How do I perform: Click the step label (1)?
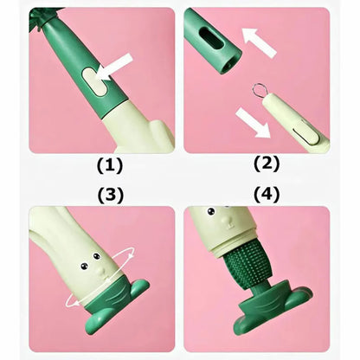click(x=110, y=165)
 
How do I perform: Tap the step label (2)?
click(x=267, y=164)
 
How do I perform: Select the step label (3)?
click(x=110, y=195)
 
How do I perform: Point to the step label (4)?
click(x=267, y=195)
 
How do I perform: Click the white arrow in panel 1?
click(x=114, y=67)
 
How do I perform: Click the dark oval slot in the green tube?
click(x=211, y=38)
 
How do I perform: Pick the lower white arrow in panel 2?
click(x=254, y=123)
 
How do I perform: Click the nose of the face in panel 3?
click(x=100, y=270)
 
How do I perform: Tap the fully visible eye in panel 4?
click(x=211, y=212)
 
